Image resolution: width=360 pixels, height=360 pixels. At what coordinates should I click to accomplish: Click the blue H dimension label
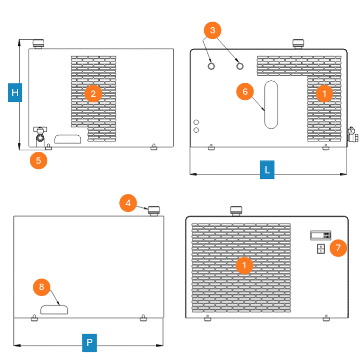tap(15, 93)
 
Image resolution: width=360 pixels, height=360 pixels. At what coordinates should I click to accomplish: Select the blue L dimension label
tap(267, 170)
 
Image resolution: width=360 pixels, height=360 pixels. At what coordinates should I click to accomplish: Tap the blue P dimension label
tap(89, 343)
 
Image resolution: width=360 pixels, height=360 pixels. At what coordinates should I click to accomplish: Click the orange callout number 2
tap(93, 94)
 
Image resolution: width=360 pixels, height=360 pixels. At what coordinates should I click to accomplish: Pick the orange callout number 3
tap(212, 30)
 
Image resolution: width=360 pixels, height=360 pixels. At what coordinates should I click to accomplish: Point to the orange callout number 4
tap(128, 203)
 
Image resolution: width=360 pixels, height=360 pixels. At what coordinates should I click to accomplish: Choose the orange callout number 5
tap(39, 160)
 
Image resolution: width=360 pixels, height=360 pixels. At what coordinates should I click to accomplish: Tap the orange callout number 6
tap(245, 92)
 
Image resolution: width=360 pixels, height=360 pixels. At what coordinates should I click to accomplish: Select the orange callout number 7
tap(338, 248)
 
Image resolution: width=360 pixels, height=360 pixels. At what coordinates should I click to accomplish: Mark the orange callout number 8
tap(42, 287)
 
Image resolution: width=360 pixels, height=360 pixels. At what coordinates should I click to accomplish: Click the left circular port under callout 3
tap(211, 66)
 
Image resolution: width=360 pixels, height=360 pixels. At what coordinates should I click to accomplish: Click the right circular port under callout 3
tap(240, 66)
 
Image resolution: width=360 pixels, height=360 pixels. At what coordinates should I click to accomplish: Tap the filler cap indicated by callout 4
tap(154, 211)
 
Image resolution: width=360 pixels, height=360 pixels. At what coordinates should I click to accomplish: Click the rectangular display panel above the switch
tap(321, 236)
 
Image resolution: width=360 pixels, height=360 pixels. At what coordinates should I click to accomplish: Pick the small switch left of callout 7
tap(321, 249)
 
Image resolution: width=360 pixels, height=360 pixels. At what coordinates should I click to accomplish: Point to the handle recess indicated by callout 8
tap(54, 310)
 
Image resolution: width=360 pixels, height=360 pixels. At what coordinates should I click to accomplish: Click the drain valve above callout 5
tap(40, 137)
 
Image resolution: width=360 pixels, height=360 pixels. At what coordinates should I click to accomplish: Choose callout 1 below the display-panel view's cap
tap(244, 265)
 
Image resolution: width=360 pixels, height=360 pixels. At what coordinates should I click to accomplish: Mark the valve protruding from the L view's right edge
tap(352, 135)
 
